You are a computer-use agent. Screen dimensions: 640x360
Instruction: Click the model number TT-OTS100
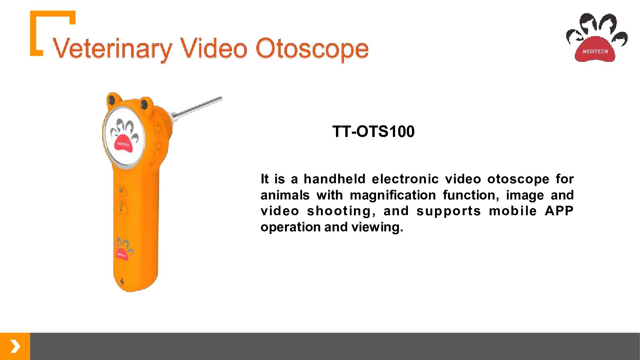[373, 131]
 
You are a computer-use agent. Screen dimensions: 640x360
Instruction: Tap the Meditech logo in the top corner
[597, 37]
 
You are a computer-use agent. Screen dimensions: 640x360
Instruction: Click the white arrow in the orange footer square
[15, 346]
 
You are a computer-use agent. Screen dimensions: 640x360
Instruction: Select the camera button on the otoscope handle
[121, 190]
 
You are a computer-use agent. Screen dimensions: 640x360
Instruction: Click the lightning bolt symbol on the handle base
[122, 282]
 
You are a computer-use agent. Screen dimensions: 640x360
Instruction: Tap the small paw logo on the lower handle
[123, 249]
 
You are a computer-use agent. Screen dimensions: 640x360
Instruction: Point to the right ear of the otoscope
[146, 104]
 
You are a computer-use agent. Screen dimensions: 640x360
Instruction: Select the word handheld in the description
[334, 179]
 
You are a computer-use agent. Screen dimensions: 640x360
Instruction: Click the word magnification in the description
[393, 195]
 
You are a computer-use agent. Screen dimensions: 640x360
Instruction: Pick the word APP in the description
[559, 211]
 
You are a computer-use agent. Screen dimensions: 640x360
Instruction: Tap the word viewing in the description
[377, 227]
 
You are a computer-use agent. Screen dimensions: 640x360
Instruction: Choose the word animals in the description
[285, 195]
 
